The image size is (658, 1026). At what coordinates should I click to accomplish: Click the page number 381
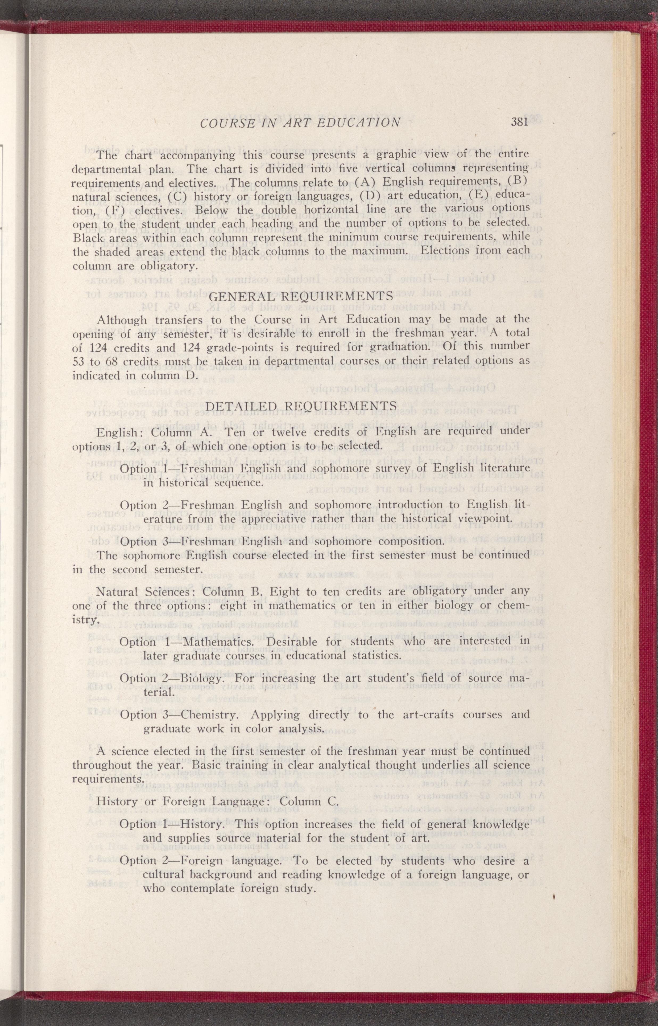coord(520,122)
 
